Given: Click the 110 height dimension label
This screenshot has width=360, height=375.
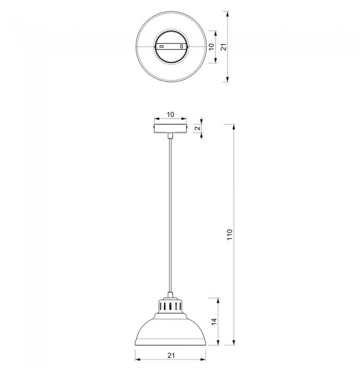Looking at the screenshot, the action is click(x=230, y=235).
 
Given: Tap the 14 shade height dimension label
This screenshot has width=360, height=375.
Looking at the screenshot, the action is click(x=214, y=321).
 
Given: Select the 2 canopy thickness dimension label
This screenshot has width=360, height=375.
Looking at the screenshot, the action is click(x=197, y=128).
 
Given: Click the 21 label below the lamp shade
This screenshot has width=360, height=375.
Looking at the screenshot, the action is click(x=171, y=356).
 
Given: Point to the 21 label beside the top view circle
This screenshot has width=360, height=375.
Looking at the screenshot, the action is click(x=223, y=47).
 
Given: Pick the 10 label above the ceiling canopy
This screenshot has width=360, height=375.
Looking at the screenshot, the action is click(x=171, y=115).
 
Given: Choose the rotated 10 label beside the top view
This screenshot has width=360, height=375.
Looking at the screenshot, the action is click(x=212, y=47).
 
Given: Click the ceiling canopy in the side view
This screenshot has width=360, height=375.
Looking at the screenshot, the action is click(x=171, y=129).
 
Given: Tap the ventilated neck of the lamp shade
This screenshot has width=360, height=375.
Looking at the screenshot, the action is click(x=171, y=306).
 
